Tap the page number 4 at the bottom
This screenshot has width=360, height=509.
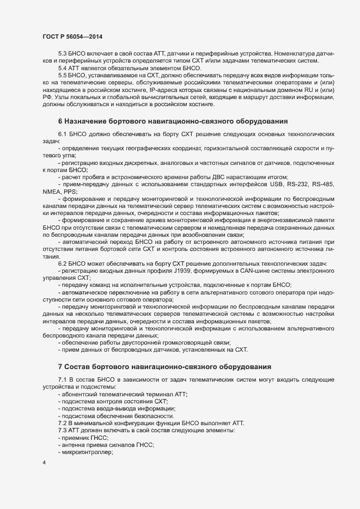click(44, 463)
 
